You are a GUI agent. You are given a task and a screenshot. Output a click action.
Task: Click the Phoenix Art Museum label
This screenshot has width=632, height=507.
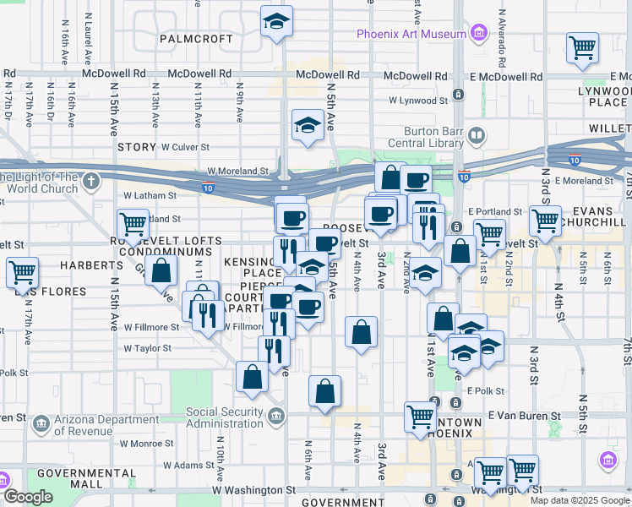(x=411, y=34)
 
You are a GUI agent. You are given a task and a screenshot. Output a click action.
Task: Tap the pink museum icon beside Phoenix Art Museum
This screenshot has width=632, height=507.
(x=479, y=34)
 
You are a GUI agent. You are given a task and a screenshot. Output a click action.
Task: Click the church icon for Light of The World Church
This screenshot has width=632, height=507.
(x=90, y=181)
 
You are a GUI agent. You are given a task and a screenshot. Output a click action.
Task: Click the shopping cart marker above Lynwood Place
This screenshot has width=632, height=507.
(x=582, y=48)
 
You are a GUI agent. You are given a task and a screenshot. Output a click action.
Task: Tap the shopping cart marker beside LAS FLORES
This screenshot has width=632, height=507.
(x=21, y=273)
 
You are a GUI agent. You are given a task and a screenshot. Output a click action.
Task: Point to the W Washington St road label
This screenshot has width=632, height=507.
(x=253, y=489)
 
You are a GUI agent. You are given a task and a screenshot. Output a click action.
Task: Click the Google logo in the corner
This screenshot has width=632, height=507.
(x=27, y=497)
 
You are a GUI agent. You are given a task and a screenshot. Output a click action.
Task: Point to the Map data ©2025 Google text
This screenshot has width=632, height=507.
(x=580, y=500)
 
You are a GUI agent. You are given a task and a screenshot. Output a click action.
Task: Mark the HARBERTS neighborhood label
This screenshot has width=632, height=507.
(x=91, y=265)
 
